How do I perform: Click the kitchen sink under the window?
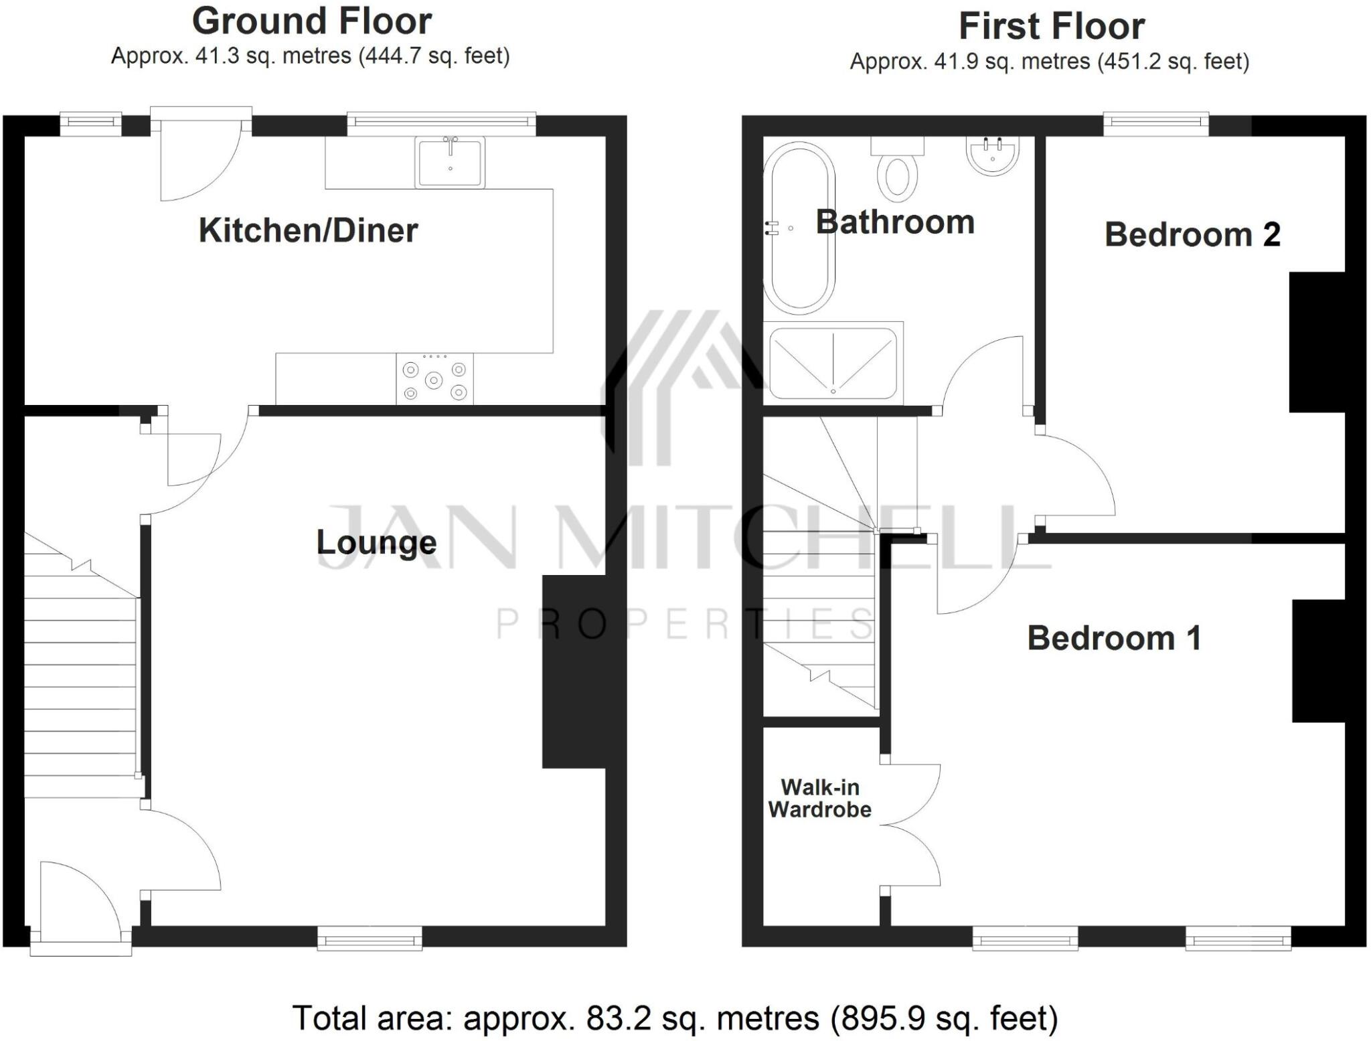(x=449, y=162)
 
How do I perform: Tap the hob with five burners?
(x=434, y=380)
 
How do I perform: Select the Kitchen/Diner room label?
(x=308, y=231)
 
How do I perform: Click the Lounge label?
(x=376, y=543)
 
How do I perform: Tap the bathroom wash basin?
(x=992, y=155)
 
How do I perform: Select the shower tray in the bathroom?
(x=833, y=363)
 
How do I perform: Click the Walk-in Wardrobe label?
(x=819, y=798)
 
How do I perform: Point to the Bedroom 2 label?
(x=1192, y=234)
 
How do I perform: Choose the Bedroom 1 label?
(x=1114, y=638)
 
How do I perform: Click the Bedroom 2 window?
(x=1155, y=122)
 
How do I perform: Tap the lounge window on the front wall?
(x=370, y=939)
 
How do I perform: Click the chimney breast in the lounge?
(x=574, y=671)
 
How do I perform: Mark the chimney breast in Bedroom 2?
(x=1317, y=341)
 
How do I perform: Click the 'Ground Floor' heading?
(x=311, y=21)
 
